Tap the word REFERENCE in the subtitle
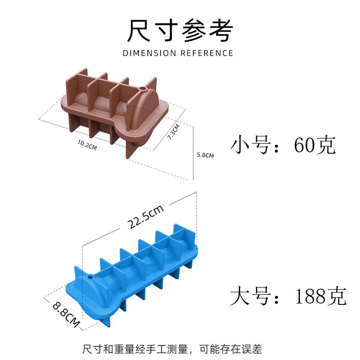(x=207, y=53)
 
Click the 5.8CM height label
(x=205, y=156)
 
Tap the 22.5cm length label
(x=145, y=217)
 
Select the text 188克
(x=320, y=296)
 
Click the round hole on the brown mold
(x=143, y=88)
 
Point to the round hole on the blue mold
(x=90, y=278)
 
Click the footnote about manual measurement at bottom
(x=172, y=349)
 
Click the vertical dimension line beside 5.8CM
(x=193, y=153)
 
